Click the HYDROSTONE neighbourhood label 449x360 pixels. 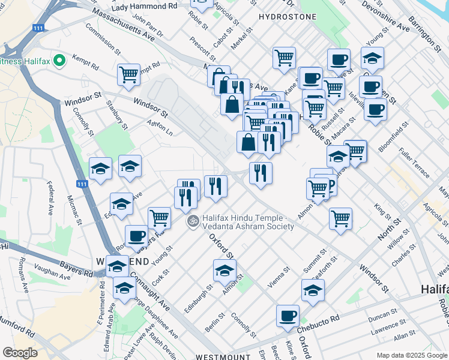[x=287, y=17]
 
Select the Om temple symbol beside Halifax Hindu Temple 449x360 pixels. [x=193, y=221]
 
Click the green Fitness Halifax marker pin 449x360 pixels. [x=59, y=61]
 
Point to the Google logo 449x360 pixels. [x=20, y=353]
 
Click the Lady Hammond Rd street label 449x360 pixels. [x=144, y=6]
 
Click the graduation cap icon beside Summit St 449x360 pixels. [x=313, y=290]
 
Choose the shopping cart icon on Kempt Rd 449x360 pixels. [x=128, y=74]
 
